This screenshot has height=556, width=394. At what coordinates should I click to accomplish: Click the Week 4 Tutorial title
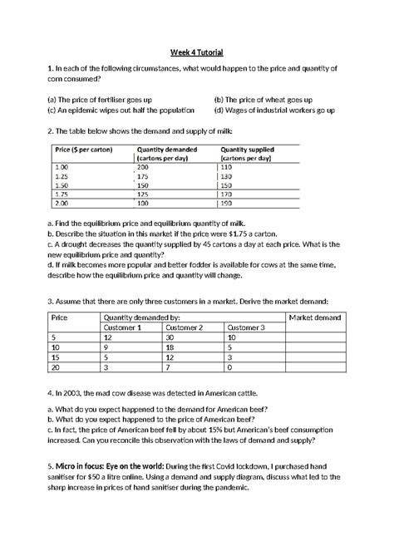pyautogui.click(x=197, y=52)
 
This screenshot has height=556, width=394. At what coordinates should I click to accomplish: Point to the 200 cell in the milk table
pyautogui.click(x=142, y=168)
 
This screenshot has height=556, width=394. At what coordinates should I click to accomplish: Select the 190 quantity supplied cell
pyautogui.click(x=225, y=203)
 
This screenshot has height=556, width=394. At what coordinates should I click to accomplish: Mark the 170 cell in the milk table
pyautogui.click(x=225, y=194)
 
